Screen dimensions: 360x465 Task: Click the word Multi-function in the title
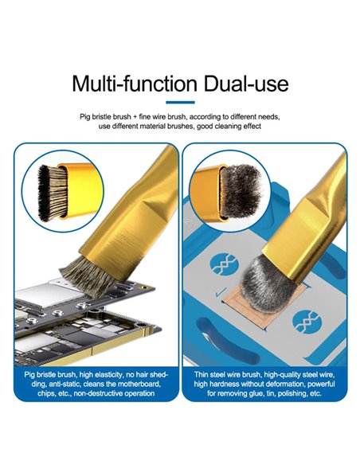pyautogui.click(x=135, y=84)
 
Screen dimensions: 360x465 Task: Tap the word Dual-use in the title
pyautogui.click(x=246, y=84)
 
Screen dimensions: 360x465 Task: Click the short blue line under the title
pyautogui.click(x=180, y=102)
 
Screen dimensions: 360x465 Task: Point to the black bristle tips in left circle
pyautogui.click(x=43, y=193)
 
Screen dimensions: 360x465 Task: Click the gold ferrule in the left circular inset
pyautogui.click(x=80, y=190)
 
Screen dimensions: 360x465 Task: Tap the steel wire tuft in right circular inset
pyautogui.click(x=241, y=190)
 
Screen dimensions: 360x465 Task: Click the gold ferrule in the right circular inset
pyautogui.click(x=207, y=193)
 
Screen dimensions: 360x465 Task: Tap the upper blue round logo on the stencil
pyautogui.click(x=224, y=264)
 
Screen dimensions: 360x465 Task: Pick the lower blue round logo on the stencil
pyautogui.click(x=307, y=322)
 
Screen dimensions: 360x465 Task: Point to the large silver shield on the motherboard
pyautogui.click(x=48, y=293)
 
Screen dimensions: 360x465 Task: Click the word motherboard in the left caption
pyautogui.click(x=139, y=385)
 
